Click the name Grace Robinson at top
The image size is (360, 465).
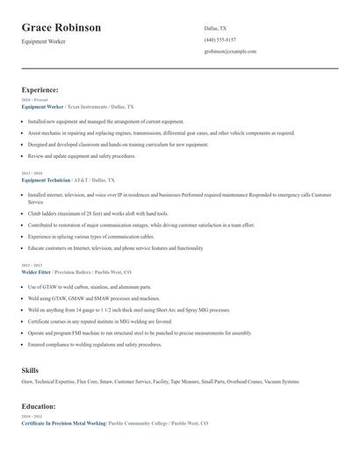61,28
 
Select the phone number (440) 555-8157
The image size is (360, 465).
220,39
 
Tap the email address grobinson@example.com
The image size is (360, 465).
230,52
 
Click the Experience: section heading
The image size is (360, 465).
40,89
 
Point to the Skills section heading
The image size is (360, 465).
31,370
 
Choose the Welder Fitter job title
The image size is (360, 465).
37,272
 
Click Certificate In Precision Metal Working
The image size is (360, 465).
63,423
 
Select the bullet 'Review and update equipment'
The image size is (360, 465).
82,155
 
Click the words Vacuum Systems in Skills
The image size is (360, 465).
280,382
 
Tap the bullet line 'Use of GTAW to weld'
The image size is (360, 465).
90,287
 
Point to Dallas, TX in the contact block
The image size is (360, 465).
216,28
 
